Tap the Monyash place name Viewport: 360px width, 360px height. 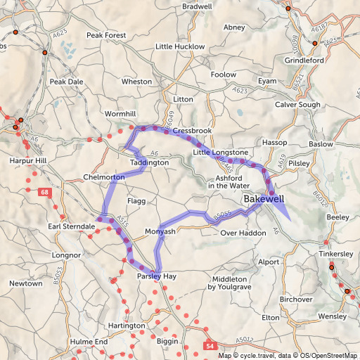159,231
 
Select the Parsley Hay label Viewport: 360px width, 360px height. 156,277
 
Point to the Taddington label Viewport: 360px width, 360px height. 149,162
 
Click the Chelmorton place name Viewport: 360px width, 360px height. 103,177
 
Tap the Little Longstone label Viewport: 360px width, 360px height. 220,152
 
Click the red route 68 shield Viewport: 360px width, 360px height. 46,192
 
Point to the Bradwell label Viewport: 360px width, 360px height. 197,6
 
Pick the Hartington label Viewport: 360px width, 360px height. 127,326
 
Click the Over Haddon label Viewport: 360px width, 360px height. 240,233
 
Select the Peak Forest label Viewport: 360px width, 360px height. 105,35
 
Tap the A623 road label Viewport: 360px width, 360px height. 240,91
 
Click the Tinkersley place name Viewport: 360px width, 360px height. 331,253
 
